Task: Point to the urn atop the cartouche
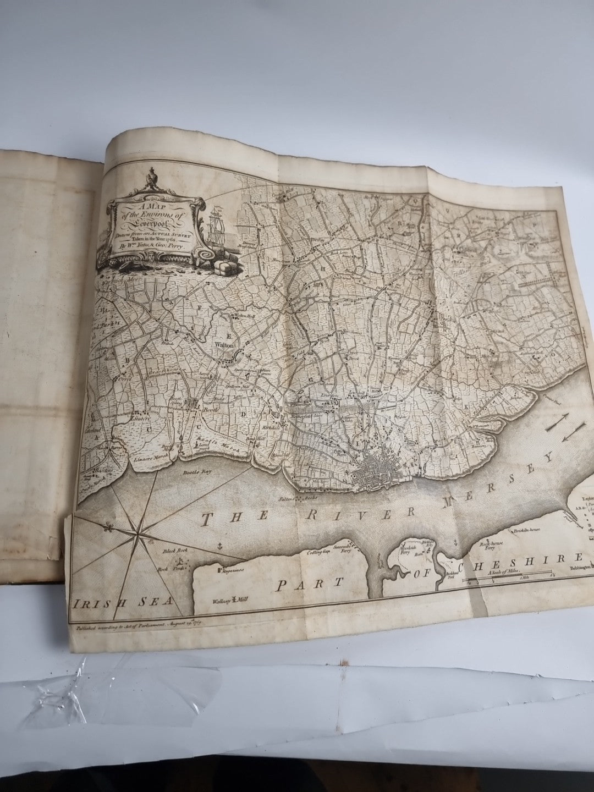click(148, 180)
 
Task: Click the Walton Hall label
click(241, 317)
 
